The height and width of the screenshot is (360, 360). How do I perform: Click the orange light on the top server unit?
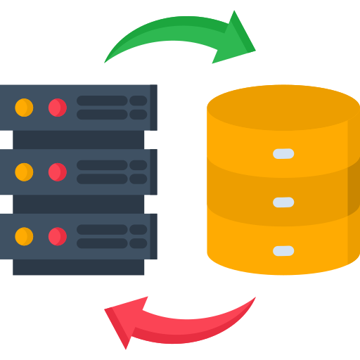[x=24, y=108]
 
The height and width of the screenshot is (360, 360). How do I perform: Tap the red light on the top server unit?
[x=57, y=108]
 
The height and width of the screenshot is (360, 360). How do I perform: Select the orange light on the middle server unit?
[x=24, y=172]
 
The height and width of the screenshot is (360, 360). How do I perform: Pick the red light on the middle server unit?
[x=57, y=172]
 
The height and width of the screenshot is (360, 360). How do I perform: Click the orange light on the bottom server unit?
[x=24, y=236]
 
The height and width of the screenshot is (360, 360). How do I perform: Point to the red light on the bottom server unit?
[x=57, y=236]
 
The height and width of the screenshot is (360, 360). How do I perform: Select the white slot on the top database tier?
[x=283, y=153]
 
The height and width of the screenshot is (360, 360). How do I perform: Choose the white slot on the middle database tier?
[x=283, y=202]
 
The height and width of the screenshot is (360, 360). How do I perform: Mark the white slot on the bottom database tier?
[x=283, y=250]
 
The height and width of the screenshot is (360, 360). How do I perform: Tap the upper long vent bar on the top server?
[x=102, y=101]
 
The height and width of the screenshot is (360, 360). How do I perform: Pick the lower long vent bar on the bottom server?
[x=102, y=243]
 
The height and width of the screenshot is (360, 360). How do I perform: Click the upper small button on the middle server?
[x=139, y=165]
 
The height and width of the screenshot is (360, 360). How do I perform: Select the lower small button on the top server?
[x=139, y=115]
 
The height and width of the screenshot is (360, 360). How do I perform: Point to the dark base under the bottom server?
[x=79, y=267]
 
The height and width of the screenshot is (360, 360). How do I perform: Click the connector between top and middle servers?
[x=79, y=139]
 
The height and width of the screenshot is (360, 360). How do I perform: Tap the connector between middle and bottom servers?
[x=79, y=204]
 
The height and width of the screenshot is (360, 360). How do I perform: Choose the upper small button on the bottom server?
[x=139, y=229]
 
